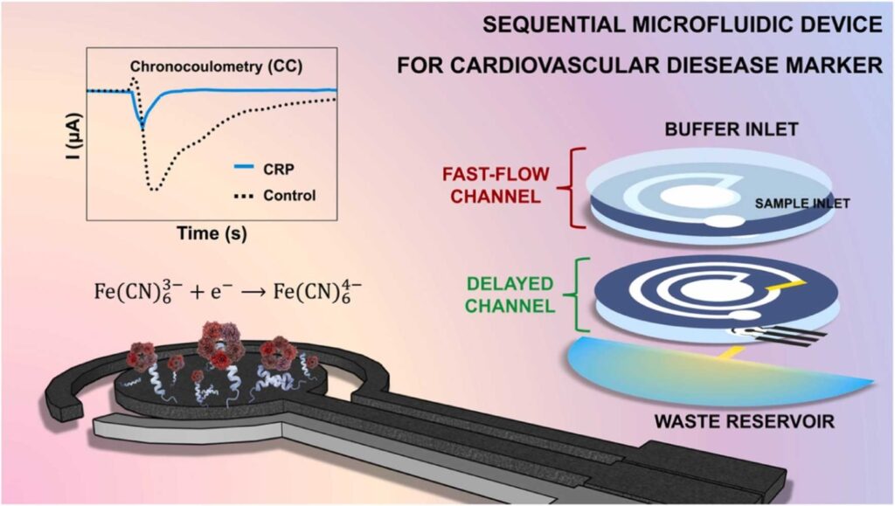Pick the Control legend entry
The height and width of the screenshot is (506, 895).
coord(289,194)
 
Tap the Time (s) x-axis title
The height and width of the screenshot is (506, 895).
coord(210,236)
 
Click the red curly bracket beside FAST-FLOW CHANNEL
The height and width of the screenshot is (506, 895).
coord(572,177)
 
